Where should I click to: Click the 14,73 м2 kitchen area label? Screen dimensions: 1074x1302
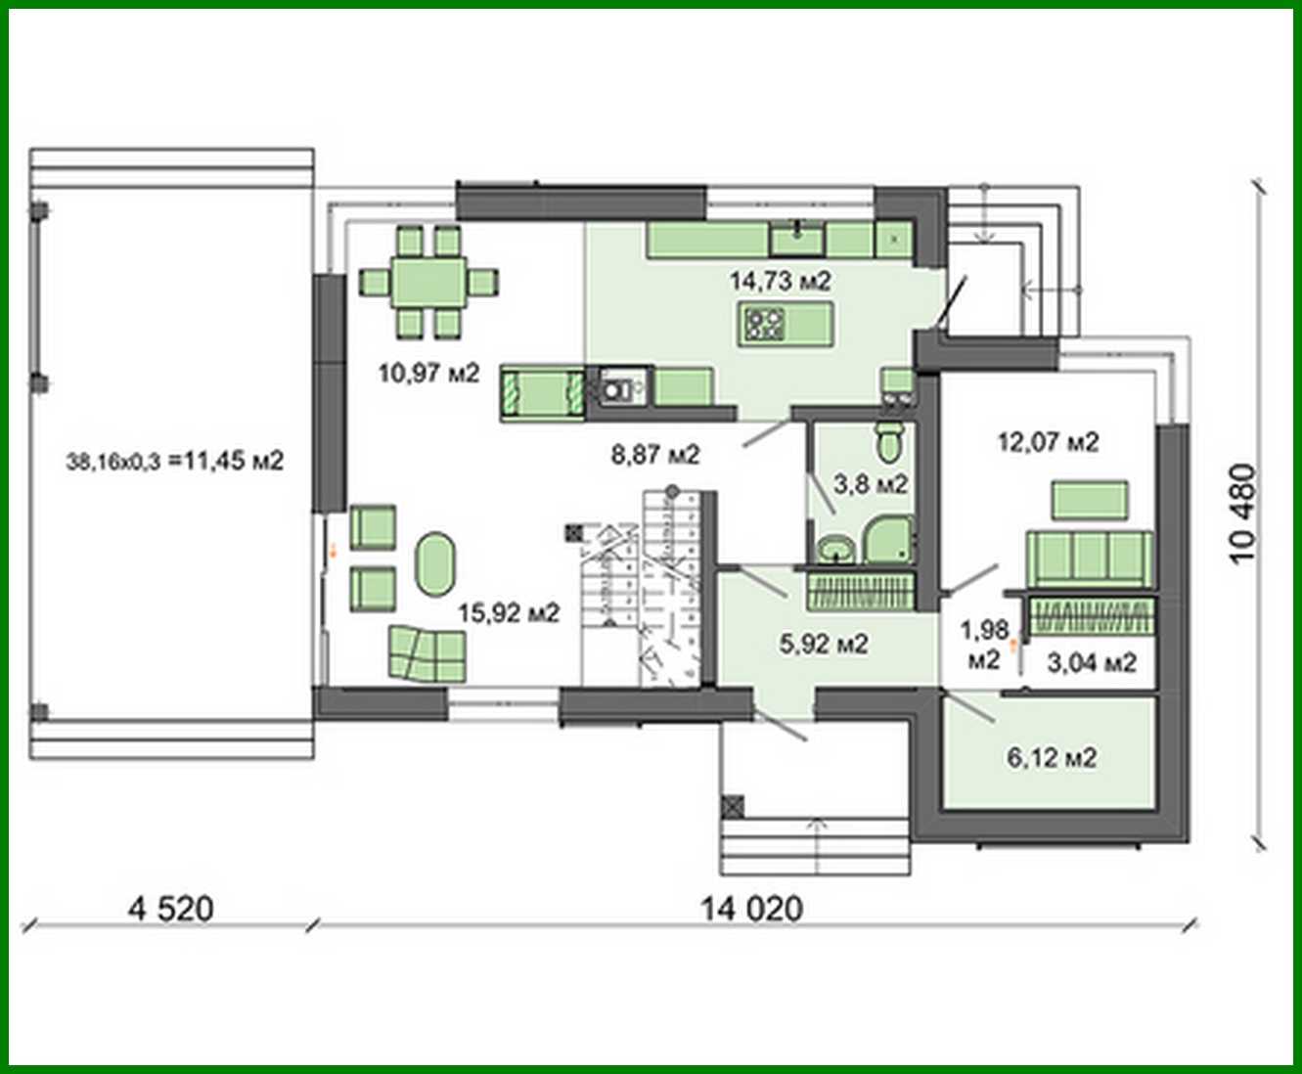tap(780, 282)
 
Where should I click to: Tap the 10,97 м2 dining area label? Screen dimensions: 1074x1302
tap(428, 373)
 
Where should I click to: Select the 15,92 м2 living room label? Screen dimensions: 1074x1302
tap(509, 613)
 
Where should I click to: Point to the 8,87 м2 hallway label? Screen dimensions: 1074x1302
tap(655, 454)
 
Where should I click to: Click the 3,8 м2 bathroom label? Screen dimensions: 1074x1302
tap(870, 483)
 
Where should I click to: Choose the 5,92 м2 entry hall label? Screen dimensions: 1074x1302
tap(824, 644)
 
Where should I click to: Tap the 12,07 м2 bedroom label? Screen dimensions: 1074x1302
tap(1048, 442)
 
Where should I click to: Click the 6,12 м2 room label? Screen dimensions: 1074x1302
tap(1052, 757)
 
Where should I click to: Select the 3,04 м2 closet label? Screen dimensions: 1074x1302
tap(1092, 663)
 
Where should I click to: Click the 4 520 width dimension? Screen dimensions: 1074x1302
tap(170, 909)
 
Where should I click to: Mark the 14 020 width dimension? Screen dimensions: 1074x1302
tap(750, 909)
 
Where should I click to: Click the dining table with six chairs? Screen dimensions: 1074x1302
tap(429, 283)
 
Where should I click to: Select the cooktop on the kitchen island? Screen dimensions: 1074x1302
tap(764, 324)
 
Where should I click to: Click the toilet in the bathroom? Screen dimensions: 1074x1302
tap(890, 441)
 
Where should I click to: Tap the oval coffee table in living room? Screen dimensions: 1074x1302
tap(434, 563)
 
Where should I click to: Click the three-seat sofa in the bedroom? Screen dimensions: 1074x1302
tap(1089, 558)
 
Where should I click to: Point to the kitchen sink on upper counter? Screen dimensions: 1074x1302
tap(797, 238)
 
